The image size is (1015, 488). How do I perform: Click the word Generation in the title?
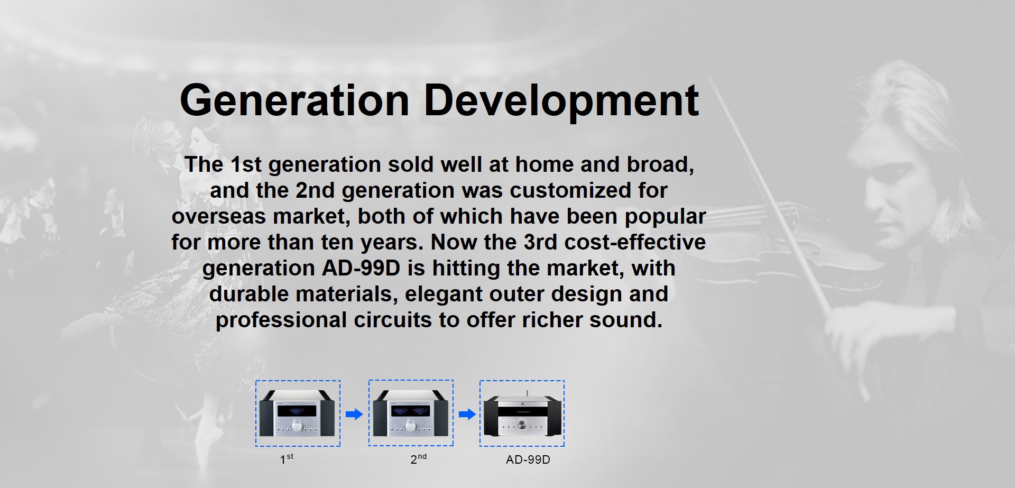point(294,100)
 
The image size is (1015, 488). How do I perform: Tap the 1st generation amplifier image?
point(298,413)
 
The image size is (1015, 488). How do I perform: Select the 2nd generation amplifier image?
point(411,413)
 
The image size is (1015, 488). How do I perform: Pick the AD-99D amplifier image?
point(522,413)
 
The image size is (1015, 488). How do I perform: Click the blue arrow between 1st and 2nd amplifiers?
point(354,414)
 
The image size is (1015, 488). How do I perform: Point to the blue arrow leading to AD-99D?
point(467,414)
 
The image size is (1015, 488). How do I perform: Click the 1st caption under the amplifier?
point(287,459)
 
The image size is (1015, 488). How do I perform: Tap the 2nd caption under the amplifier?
point(418,459)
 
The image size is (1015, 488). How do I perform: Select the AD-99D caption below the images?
point(528,460)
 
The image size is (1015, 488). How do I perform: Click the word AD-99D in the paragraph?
point(361,268)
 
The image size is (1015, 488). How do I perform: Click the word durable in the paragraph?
point(249,294)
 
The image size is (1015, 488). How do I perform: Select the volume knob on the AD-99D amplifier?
point(523,425)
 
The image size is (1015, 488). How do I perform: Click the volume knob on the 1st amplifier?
point(298,426)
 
